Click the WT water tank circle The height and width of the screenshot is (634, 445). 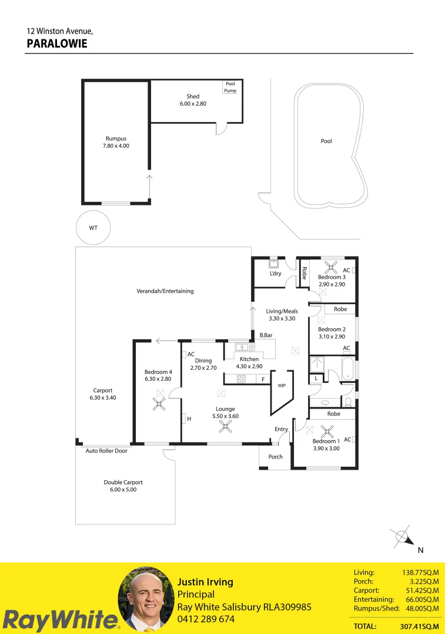(93, 227)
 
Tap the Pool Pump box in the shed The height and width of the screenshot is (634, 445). (230, 87)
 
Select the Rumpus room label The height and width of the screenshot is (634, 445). (116, 142)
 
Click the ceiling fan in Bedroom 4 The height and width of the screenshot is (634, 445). (159, 403)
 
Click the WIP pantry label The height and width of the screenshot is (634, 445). (281, 386)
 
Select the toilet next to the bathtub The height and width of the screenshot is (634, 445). (348, 402)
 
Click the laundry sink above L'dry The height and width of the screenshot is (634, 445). (273, 264)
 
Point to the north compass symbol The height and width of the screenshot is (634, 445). (403, 537)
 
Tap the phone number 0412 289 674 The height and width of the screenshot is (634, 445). (206, 619)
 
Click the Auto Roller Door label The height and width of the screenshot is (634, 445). (106, 451)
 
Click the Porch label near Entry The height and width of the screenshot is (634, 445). (275, 457)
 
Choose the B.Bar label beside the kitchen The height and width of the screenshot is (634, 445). (266, 335)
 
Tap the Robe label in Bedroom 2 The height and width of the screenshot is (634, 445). (340, 309)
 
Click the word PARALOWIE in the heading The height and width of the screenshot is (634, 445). (57, 43)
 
